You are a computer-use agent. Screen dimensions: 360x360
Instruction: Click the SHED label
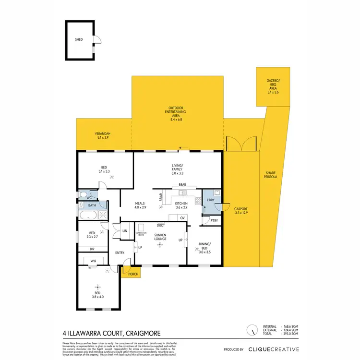point(79,40)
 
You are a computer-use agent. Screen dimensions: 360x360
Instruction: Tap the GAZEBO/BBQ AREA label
point(273,87)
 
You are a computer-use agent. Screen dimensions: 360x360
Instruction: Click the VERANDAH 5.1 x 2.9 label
point(102,136)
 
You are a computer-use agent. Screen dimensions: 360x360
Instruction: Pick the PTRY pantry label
point(214,221)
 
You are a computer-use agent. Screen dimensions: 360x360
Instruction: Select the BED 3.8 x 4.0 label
point(97,294)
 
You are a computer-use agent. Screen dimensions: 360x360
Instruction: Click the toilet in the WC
point(84,196)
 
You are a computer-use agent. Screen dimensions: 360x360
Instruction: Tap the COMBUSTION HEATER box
point(141,234)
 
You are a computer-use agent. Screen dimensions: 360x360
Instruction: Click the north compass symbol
point(251,330)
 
